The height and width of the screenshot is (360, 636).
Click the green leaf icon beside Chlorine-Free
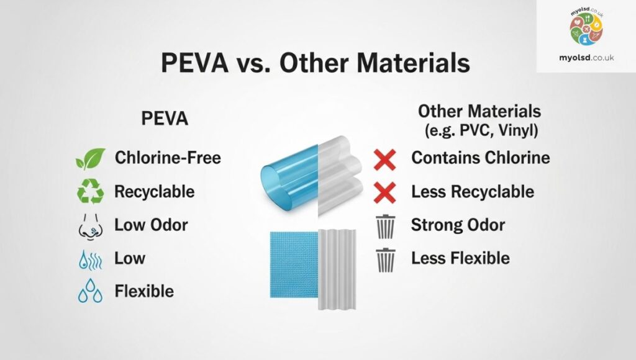(91, 158)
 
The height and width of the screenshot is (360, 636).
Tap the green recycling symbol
(91, 191)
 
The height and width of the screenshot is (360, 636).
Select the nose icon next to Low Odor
(91, 227)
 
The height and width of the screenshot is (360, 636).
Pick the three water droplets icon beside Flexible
(90, 290)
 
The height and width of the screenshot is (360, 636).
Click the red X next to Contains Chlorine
(384, 160)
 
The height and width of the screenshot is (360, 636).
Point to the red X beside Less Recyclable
(384, 192)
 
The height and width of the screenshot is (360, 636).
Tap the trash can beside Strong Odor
(385, 227)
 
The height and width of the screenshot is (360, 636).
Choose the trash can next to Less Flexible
(385, 260)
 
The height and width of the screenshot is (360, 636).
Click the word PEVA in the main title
(194, 63)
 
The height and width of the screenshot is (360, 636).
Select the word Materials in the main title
(413, 63)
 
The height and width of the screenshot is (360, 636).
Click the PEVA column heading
(165, 119)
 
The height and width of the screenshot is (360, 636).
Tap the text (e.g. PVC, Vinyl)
(481, 130)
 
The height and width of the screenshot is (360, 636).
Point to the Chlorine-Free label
(168, 158)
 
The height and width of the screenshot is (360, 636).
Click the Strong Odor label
(458, 225)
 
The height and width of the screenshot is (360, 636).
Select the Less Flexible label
(460, 258)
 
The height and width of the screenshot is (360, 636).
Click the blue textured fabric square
(294, 265)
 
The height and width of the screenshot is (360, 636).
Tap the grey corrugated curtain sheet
(337, 269)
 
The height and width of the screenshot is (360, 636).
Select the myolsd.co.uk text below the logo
(586, 58)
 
